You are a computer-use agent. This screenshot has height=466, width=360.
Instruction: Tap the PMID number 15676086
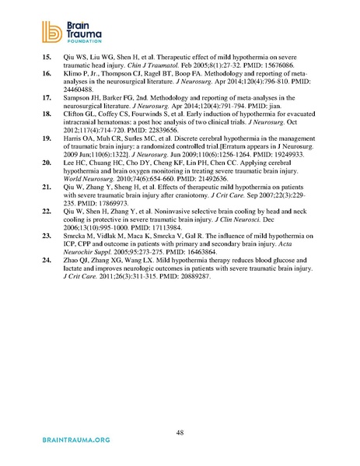click(x=271, y=88)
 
